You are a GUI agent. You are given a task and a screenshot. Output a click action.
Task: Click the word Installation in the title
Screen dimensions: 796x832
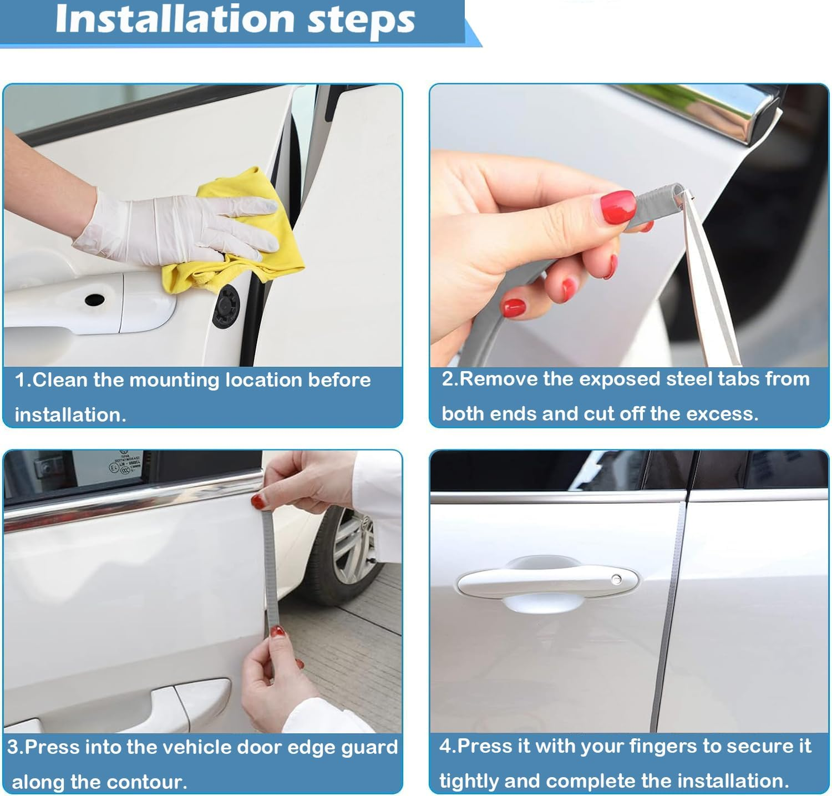coord(175,19)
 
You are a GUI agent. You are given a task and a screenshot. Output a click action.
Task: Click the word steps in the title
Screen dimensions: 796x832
coord(361,21)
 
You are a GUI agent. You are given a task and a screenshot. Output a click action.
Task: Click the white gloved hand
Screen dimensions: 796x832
coord(166,227)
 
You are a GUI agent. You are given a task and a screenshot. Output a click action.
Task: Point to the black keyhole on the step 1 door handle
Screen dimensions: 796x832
coord(94,300)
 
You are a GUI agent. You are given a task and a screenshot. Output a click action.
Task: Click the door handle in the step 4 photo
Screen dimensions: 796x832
coord(546,582)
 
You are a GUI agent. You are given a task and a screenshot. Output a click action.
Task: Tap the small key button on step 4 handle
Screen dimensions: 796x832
coord(616,579)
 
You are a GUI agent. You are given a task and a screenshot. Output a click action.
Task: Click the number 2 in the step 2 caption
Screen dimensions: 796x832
coord(448,379)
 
